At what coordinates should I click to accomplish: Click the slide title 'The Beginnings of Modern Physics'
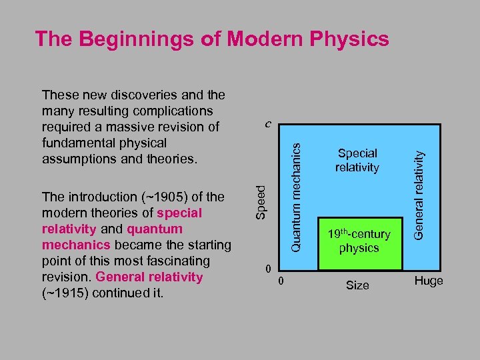click(x=212, y=39)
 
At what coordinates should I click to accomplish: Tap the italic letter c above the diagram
click(x=267, y=124)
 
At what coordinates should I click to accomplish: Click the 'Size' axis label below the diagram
click(x=357, y=285)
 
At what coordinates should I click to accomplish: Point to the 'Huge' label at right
click(x=429, y=281)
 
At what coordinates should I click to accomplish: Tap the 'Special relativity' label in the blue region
click(x=357, y=161)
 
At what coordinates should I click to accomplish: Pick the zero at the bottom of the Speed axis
click(x=267, y=269)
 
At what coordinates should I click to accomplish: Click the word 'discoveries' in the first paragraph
click(x=135, y=95)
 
